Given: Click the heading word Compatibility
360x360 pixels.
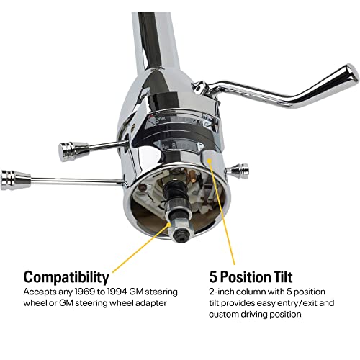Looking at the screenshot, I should [66, 277].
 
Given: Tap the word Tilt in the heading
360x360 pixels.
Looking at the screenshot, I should [280, 277].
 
